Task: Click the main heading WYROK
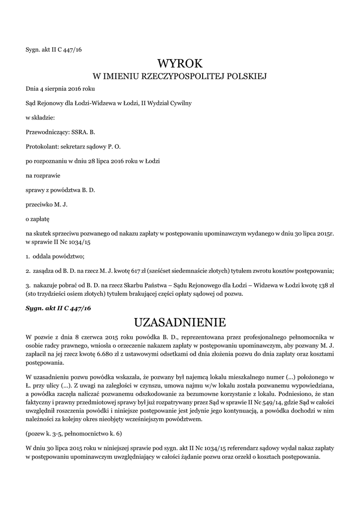(180, 63)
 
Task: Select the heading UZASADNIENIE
(180, 323)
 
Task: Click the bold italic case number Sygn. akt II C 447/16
(59, 308)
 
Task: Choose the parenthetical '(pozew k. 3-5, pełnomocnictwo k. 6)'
(74, 434)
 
